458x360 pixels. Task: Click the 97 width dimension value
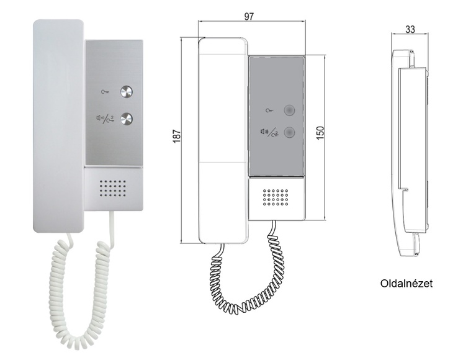[x=249, y=16]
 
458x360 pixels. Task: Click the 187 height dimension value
[x=177, y=136]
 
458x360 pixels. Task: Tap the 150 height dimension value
[x=320, y=133]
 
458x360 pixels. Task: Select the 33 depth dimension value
[x=410, y=29]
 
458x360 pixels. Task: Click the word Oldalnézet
[x=406, y=284]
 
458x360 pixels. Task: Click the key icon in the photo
[x=105, y=92]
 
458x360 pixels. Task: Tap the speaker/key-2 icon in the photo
[x=105, y=119]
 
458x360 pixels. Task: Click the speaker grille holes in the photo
[x=113, y=188]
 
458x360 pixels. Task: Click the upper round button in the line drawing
[x=289, y=110]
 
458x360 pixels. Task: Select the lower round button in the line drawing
[x=289, y=133]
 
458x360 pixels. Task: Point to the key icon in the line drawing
[x=270, y=110]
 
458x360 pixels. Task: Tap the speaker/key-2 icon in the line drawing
[x=269, y=133]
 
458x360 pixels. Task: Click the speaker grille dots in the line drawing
[x=276, y=197]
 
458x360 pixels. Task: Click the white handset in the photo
[x=58, y=126]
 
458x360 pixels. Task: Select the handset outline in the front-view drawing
[x=223, y=140]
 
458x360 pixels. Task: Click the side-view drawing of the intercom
[x=410, y=153]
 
